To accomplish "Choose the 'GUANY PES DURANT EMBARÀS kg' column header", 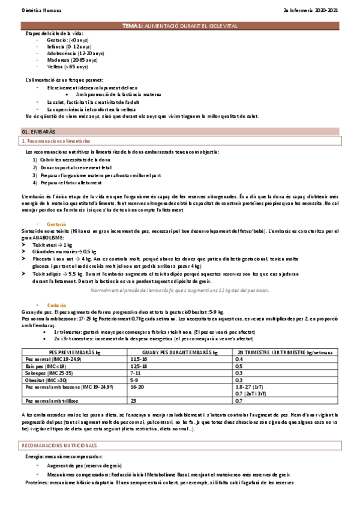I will (179, 352).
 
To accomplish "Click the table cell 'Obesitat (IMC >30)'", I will (47, 380).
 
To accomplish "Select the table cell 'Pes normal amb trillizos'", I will (53, 400).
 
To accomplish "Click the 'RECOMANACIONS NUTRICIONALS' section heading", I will (59, 446).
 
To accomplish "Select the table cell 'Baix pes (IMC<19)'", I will (46, 366).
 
